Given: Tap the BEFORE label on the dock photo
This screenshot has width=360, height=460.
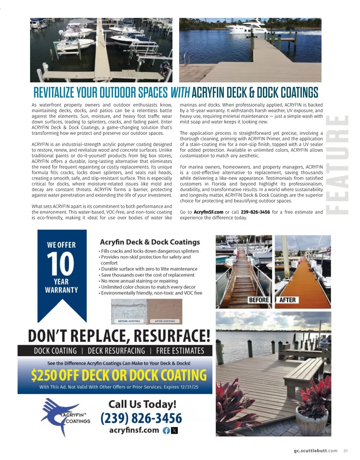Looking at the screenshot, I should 259,300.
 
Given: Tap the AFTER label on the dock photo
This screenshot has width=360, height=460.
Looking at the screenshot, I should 287,300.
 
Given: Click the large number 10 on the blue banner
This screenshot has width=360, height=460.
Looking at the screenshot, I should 61,264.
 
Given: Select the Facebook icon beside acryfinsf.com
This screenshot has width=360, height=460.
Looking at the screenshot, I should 166,431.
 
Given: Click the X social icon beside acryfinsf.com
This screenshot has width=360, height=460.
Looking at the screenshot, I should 174,431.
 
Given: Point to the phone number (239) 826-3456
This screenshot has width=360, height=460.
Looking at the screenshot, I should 141,418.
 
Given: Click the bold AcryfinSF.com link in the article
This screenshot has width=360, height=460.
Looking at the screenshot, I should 208,212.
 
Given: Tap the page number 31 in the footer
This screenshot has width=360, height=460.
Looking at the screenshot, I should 346,451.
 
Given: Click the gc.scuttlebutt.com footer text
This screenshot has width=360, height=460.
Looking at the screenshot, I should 316,451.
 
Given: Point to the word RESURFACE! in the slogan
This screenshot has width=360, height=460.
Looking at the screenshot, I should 172,336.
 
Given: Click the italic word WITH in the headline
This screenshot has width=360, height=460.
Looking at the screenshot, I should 180,93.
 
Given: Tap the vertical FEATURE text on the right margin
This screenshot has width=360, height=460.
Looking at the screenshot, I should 337,165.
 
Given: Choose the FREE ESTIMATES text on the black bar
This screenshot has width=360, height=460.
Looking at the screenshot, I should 180,351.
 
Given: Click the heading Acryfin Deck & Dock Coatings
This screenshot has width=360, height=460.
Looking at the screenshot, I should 150,242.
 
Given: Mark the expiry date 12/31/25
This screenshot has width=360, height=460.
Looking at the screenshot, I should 189,387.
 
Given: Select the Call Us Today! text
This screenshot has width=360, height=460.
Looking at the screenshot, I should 142,404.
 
